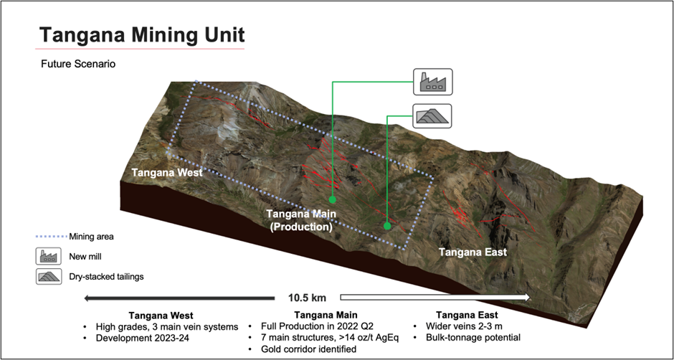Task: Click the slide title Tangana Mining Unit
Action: pyautogui.click(x=141, y=34)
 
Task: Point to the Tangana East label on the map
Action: pyautogui.click(x=473, y=252)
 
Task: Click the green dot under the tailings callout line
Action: pyautogui.click(x=387, y=226)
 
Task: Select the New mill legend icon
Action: pyautogui.click(x=48, y=256)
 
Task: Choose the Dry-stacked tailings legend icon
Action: pyautogui.click(x=48, y=276)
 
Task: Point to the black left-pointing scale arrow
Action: pyautogui.click(x=179, y=297)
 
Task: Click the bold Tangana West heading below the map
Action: pyautogui.click(x=162, y=315)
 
